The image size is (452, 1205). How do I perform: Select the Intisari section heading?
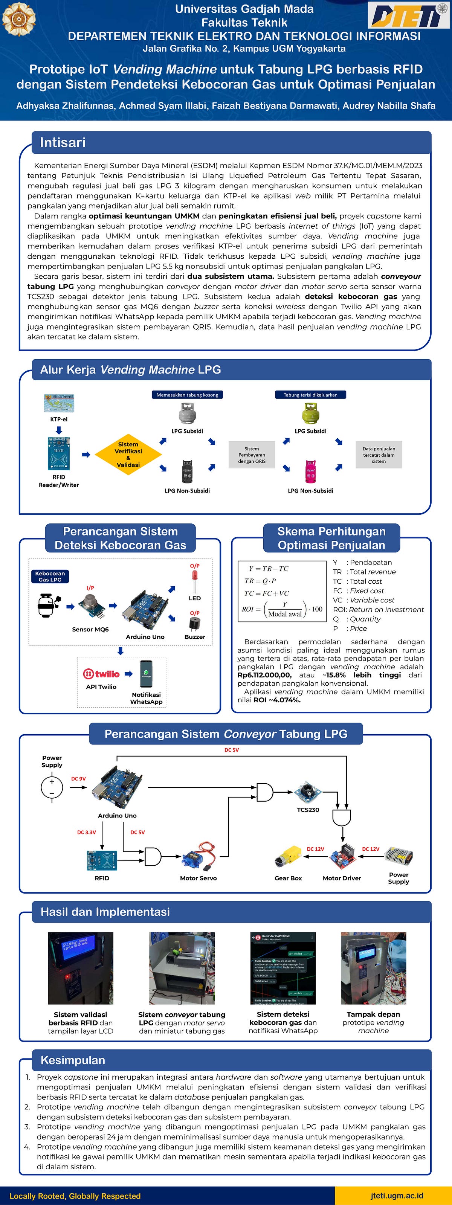click(x=63, y=142)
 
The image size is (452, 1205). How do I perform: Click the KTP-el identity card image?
click(x=59, y=403)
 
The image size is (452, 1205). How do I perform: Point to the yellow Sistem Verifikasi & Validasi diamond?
click(x=128, y=454)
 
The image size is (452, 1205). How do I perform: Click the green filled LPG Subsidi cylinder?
click(x=310, y=413)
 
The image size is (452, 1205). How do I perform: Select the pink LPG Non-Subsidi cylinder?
click(x=310, y=471)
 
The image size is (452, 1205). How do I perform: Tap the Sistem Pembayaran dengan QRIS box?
click(x=252, y=455)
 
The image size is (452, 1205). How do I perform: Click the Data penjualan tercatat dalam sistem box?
click(x=379, y=455)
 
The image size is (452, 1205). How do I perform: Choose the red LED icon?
click(x=195, y=581)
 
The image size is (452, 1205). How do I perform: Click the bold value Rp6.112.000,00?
click(x=264, y=675)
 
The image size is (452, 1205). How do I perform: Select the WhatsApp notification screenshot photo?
click(x=283, y=968)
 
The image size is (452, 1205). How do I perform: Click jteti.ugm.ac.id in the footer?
click(x=397, y=1195)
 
